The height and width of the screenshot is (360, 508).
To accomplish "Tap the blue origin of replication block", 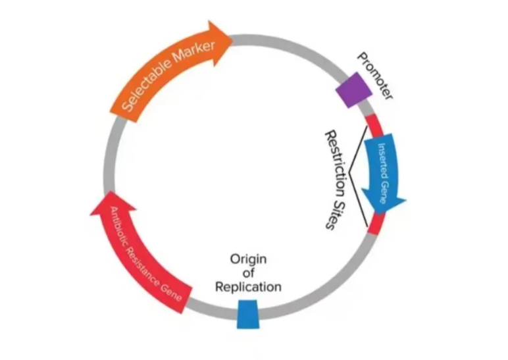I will tap(247, 313).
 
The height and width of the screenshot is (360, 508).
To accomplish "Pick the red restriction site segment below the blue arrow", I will tap(374, 224).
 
